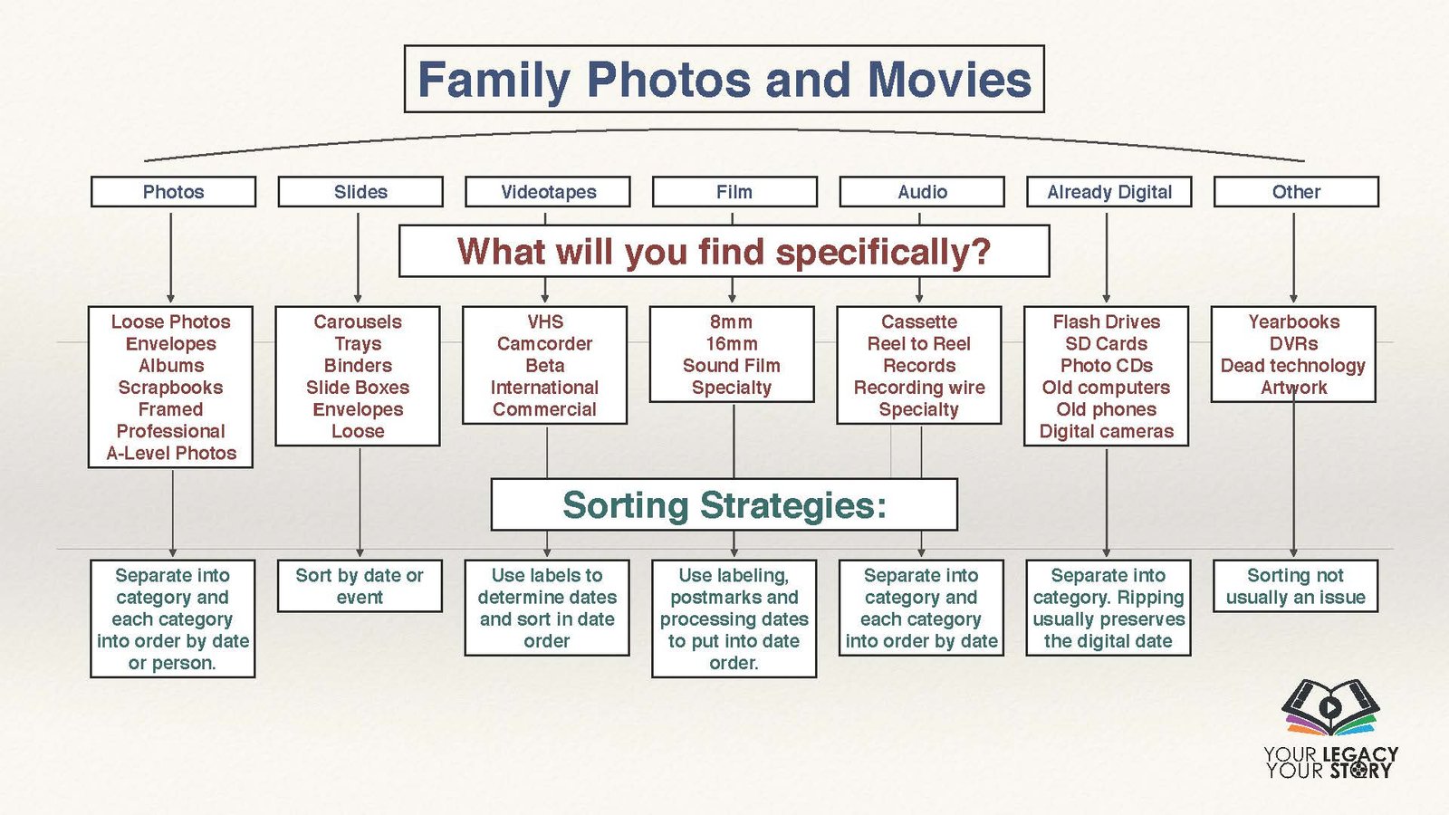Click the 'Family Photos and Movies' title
(724, 79)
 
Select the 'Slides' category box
(360, 191)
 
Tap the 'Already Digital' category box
(1108, 191)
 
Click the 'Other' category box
(1296, 191)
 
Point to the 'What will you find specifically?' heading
(724, 251)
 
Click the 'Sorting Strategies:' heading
(724, 504)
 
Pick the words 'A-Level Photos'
(171, 453)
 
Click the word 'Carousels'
(358, 321)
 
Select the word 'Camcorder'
(544, 343)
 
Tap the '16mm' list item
(732, 343)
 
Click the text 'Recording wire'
(919, 388)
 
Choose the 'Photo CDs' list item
(1106, 366)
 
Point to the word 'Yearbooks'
(1294, 321)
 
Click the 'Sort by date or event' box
(360, 585)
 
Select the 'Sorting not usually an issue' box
(1296, 585)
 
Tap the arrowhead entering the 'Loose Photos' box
(171, 299)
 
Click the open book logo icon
(1330, 707)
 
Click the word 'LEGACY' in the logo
(1360, 754)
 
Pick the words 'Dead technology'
(1293, 366)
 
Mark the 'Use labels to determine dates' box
(547, 608)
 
